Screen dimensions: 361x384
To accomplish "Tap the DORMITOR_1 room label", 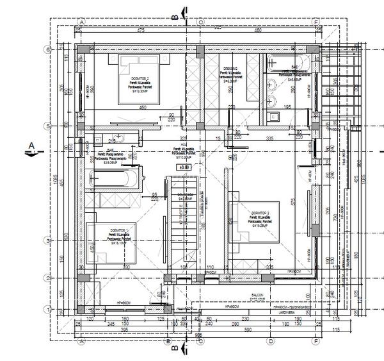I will click(x=119, y=230).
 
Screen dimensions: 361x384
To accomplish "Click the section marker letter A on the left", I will click(x=30, y=146).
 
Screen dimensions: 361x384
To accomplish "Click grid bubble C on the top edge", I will click(x=200, y=21).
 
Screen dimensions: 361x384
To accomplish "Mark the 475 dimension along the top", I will click(x=140, y=30).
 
